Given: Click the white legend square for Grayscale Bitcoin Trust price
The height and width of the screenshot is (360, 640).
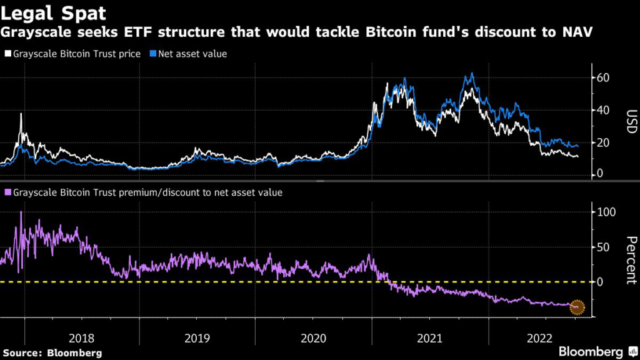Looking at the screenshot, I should (x=7, y=54).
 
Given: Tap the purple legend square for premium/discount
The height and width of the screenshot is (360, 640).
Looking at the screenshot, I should (x=7, y=192).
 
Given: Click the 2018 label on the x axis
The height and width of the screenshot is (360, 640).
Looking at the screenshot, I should (x=82, y=338).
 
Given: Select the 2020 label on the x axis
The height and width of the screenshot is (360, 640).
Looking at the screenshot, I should (x=313, y=338).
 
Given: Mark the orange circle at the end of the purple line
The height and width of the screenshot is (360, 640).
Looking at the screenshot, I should (x=577, y=306).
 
